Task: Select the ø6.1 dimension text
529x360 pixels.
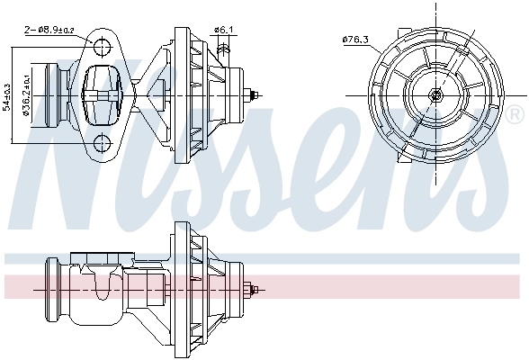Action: pos(223,30)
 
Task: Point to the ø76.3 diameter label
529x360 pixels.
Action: pos(356,39)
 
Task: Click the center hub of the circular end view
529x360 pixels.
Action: pos(436,94)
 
